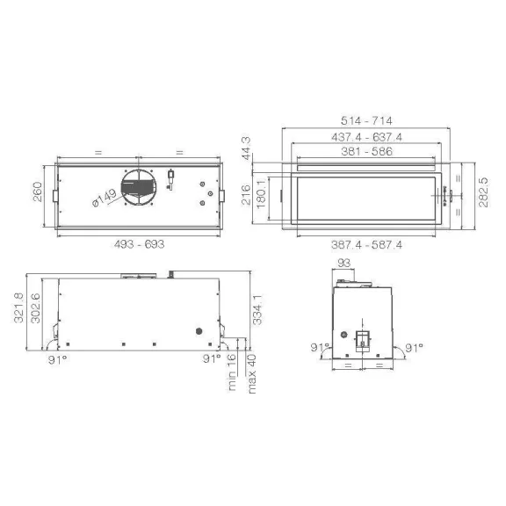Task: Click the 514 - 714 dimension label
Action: [366, 121]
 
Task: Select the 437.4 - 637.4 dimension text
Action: [366, 137]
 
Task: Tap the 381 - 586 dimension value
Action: [366, 151]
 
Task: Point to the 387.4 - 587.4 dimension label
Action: [366, 245]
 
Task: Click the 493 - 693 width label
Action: [139, 244]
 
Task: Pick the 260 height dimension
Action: [38, 192]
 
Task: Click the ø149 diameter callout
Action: [105, 198]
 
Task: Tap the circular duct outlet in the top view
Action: [139, 187]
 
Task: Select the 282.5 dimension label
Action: [483, 192]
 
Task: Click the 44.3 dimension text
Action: [246, 148]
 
